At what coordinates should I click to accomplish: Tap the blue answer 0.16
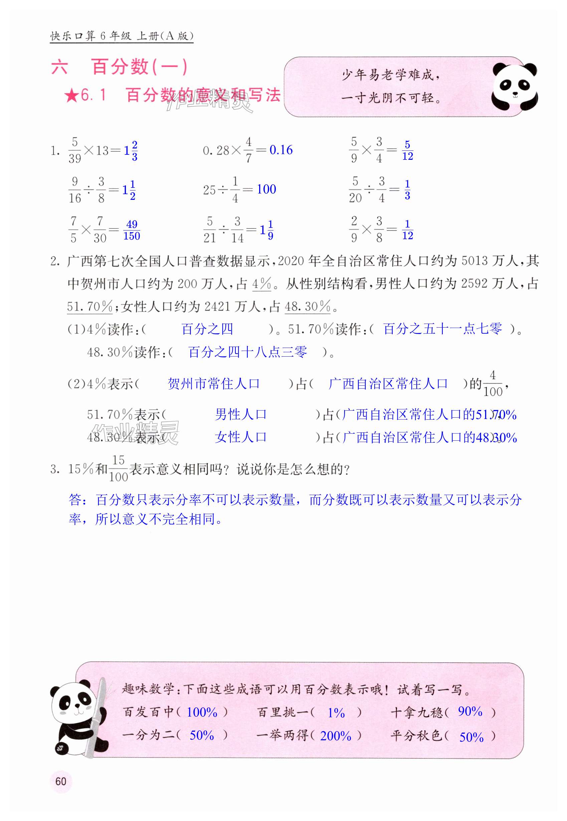tap(281, 150)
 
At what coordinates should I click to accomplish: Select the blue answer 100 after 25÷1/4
tap(266, 189)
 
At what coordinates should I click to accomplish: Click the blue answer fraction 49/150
tap(132, 230)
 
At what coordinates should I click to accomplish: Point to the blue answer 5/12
tap(407, 150)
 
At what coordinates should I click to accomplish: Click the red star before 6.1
tap(72, 95)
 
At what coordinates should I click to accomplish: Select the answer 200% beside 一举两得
tap(335, 736)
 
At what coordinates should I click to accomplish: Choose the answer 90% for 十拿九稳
tap(470, 712)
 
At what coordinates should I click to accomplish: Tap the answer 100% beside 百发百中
tap(202, 712)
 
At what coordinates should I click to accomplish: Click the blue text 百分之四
tap(207, 329)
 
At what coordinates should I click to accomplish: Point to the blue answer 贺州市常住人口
tap(213, 384)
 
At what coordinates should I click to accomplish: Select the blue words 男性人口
tap(241, 414)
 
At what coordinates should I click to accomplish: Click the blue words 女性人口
tap(241, 437)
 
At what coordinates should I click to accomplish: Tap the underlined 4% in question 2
tap(262, 284)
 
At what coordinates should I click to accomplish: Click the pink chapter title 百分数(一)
tap(139, 67)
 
